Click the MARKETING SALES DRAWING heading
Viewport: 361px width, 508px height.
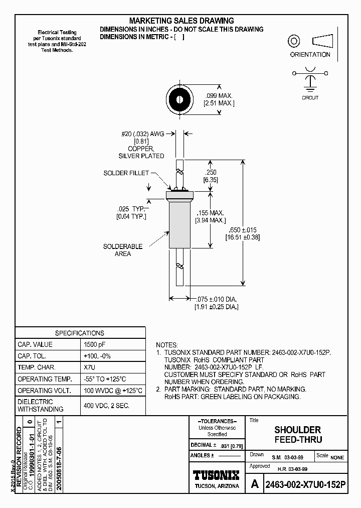(182, 21)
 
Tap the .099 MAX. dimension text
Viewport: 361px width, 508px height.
(219, 95)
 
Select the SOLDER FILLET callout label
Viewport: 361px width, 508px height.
(126, 173)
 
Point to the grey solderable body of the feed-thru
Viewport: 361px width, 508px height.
(179, 223)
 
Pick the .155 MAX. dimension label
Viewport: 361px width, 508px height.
(210, 213)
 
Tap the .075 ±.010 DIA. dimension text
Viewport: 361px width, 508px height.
(216, 299)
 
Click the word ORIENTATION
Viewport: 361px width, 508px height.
(310, 55)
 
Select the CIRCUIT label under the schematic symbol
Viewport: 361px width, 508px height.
(310, 97)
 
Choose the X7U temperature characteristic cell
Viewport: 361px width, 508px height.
(90, 367)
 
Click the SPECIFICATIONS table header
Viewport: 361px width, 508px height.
(80, 333)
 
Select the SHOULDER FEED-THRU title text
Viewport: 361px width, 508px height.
(297, 435)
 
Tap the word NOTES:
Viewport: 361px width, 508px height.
(167, 345)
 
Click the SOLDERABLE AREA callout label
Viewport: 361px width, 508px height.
(123, 250)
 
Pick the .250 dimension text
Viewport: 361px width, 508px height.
(210, 172)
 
